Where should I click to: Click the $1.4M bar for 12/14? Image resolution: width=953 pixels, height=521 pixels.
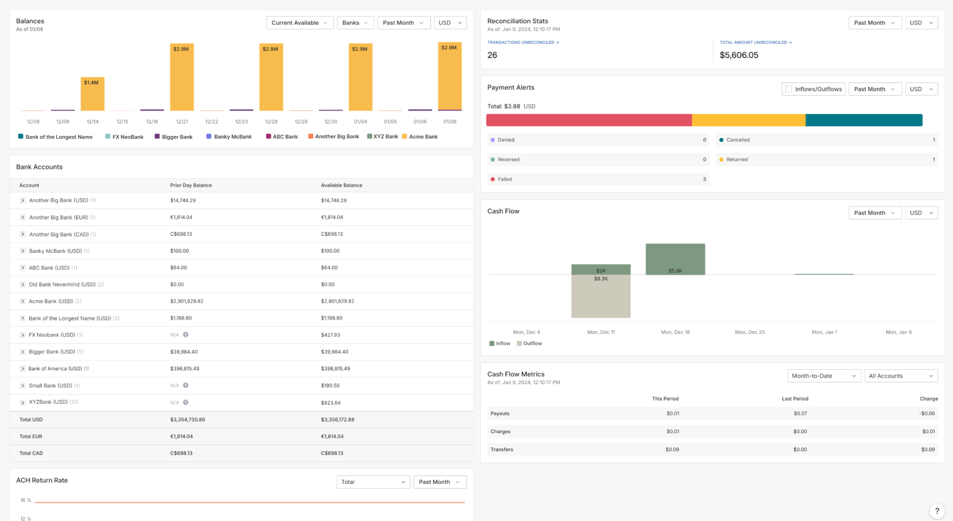pos(92,94)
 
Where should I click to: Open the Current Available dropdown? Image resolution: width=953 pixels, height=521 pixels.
pos(299,23)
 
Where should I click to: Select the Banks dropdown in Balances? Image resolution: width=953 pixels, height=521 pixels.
pos(355,23)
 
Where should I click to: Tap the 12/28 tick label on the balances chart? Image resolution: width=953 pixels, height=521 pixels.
pos(271,122)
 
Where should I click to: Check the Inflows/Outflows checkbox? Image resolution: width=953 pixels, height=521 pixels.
pos(789,89)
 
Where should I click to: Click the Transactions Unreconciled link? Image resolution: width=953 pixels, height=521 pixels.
pos(523,42)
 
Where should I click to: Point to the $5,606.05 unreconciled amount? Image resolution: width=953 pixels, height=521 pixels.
pos(738,55)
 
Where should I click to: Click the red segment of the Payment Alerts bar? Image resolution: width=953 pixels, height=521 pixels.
pos(588,120)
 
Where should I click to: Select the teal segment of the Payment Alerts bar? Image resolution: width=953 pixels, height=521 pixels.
pos(863,120)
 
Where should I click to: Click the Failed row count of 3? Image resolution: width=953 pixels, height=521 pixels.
pos(704,179)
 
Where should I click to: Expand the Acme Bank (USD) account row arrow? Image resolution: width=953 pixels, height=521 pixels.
pos(22,302)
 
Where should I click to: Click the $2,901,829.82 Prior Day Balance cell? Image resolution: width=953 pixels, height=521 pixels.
pos(186,302)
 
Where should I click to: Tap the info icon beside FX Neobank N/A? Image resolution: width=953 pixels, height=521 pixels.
pos(185,335)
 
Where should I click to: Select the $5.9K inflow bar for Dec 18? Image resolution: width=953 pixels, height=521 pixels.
pos(675,259)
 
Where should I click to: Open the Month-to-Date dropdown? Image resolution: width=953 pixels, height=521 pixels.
pos(823,376)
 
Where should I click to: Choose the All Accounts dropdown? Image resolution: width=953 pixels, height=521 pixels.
pos(900,376)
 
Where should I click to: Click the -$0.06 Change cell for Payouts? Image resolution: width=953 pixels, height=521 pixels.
pos(927,414)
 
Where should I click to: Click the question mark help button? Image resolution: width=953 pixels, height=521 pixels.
pos(936,511)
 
